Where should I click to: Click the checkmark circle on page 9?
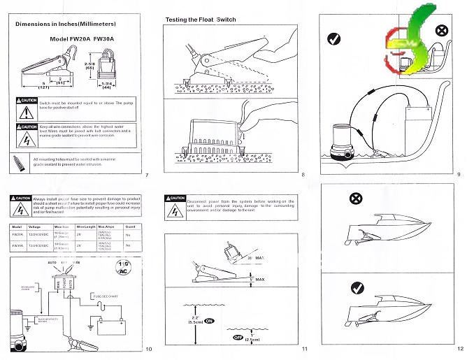334,39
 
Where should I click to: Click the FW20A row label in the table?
17,236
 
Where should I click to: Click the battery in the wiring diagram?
110,326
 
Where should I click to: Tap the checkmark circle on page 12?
357,287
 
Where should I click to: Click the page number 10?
148,349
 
